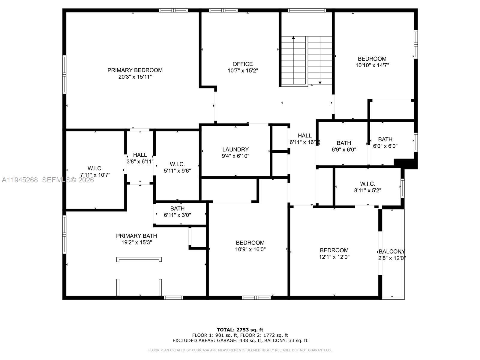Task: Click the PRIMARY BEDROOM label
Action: (x=135, y=70)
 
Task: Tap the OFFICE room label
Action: (x=242, y=64)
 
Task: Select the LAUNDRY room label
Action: (x=235, y=149)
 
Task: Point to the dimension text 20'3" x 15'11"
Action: (x=135, y=77)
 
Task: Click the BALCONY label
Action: (x=392, y=251)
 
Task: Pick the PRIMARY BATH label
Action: (x=136, y=236)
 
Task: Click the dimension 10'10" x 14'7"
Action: (x=372, y=65)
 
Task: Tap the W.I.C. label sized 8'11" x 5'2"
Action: (x=367, y=184)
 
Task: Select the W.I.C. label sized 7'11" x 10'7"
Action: (x=95, y=168)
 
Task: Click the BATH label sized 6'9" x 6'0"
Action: (x=344, y=143)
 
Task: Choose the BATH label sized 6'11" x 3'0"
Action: (x=177, y=208)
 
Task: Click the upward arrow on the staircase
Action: (x=293, y=38)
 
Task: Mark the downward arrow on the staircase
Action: (x=320, y=82)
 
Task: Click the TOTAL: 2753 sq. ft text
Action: (x=240, y=330)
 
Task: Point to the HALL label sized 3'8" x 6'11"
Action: (x=140, y=155)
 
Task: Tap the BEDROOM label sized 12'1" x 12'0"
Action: (x=334, y=250)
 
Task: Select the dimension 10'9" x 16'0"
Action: (x=250, y=249)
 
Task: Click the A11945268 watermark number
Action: (x=20, y=180)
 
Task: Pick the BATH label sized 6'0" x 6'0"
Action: (x=385, y=139)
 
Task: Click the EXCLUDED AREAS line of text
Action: (x=240, y=340)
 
